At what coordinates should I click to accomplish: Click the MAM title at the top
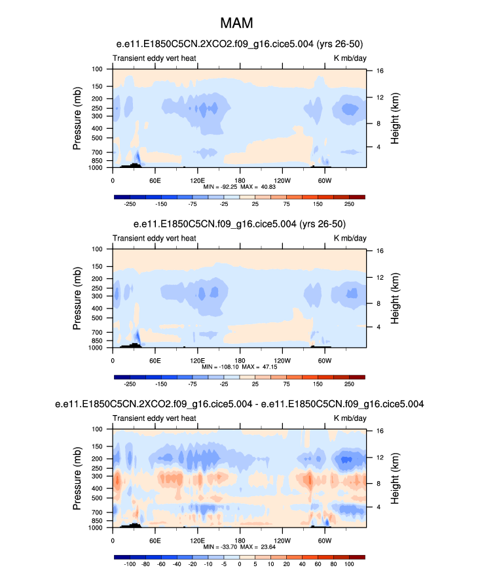[x=239, y=24]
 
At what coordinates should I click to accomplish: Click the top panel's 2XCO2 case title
[x=239, y=44]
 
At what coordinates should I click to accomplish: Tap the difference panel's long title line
[x=239, y=405]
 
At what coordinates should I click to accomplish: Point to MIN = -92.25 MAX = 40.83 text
[x=239, y=186]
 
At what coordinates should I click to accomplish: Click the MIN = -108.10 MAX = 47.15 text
[x=239, y=367]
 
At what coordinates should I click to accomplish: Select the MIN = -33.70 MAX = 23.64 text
[x=239, y=546]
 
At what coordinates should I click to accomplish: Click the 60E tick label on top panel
[x=155, y=180]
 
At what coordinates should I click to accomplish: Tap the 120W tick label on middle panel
[x=282, y=360]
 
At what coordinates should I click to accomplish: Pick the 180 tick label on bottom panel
[x=239, y=541]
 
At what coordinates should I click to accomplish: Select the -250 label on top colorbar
[x=130, y=203]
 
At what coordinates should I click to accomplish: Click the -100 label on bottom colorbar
[x=130, y=563]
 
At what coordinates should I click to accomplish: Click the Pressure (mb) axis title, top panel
[x=78, y=118]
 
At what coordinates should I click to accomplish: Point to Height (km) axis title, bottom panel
[x=396, y=478]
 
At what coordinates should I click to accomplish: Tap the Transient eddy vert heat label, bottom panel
[x=155, y=418]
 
